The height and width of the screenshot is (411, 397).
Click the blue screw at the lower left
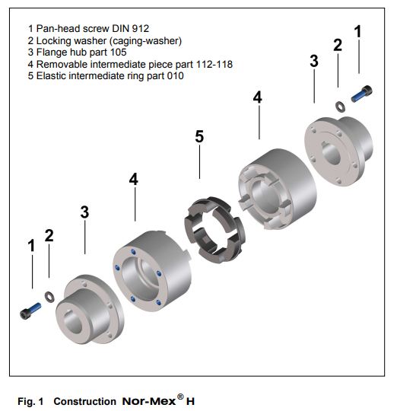[x=31, y=311]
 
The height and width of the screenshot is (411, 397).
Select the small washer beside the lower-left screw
[x=50, y=295]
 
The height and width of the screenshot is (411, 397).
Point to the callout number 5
[x=199, y=137]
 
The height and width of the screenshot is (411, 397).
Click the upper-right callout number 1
[x=358, y=32]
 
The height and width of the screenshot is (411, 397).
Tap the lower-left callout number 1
[x=31, y=246]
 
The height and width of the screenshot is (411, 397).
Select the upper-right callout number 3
[x=313, y=62]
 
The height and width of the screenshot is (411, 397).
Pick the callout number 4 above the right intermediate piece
[x=258, y=97]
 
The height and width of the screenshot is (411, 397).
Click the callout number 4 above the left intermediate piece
[x=134, y=179]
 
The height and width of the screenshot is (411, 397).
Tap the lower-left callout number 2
[x=49, y=235]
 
